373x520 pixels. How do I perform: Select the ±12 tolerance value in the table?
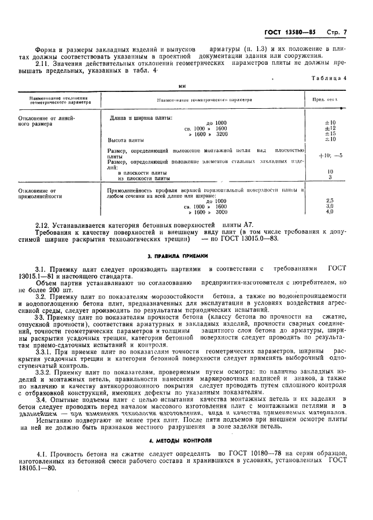[330, 128]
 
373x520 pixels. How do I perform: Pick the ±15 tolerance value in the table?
[330, 134]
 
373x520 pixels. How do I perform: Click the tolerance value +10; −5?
[330, 155]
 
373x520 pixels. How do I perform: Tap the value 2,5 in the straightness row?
[330, 200]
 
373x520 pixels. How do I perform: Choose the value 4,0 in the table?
[330, 212]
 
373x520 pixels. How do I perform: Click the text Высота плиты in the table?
[126, 140]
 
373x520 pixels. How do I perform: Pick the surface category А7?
[248, 224]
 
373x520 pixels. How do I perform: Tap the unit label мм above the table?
[182, 86]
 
